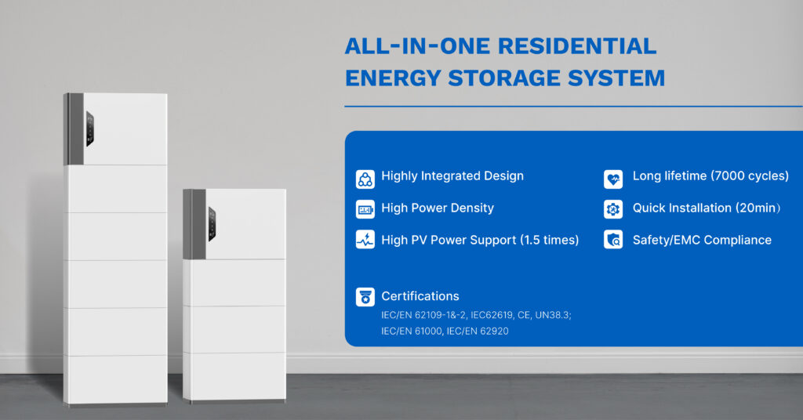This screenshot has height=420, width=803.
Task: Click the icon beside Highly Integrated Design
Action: [x=365, y=179]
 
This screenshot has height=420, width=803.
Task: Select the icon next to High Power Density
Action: [x=365, y=209]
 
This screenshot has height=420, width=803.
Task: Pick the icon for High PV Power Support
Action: [x=365, y=240]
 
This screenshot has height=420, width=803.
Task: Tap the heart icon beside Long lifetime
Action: [x=613, y=179]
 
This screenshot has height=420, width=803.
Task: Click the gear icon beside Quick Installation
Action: [x=613, y=209]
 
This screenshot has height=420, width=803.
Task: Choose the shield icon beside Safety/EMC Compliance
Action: [x=613, y=240]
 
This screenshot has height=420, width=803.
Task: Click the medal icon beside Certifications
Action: [x=365, y=297]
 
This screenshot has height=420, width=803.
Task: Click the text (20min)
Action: [x=758, y=208]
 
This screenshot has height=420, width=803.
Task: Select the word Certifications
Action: [x=420, y=296]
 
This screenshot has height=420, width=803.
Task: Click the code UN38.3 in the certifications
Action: [x=553, y=315]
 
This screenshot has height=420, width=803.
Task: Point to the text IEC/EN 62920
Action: [x=478, y=331]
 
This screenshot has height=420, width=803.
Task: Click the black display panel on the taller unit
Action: [x=89, y=129]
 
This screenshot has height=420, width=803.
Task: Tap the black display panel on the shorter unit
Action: [x=212, y=224]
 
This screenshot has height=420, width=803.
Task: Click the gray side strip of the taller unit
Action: [x=74, y=129]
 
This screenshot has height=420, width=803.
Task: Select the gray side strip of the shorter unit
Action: [x=194, y=224]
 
